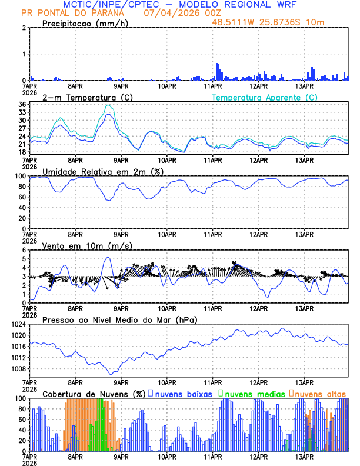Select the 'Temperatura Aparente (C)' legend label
click(265, 97)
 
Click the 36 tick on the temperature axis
click(22, 105)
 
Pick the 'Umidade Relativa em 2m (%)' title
click(103, 171)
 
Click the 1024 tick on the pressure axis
click(19, 324)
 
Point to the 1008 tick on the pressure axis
click(19, 369)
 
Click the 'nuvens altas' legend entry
click(320, 394)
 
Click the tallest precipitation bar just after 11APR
click(218, 71)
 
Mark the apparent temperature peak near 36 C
click(108, 105)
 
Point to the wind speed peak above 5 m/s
click(108, 257)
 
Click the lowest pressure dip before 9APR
click(110, 374)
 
